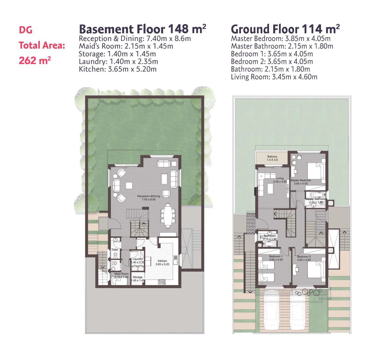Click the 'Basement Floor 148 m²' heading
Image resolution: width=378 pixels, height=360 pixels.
tap(143, 29)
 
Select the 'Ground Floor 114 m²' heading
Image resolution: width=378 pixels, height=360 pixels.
tap(285, 29)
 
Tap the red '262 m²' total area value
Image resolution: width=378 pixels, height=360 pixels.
tap(35, 60)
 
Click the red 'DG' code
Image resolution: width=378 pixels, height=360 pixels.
tap(25, 30)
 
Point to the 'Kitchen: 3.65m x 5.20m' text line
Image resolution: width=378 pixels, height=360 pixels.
tap(118, 69)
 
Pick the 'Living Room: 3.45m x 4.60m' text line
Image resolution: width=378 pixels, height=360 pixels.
tap(274, 77)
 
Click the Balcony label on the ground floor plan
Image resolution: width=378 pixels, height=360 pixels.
tap(272, 157)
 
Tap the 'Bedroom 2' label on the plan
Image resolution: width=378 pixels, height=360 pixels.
tap(304, 257)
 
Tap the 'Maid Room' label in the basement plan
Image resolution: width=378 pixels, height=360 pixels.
tap(121, 274)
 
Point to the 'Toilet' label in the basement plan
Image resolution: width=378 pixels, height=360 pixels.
tap(115, 250)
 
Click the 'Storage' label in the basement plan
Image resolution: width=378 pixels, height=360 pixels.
tap(137, 277)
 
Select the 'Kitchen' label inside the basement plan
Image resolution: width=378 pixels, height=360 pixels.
tap(162, 261)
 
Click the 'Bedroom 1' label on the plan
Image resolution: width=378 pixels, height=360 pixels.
tap(276, 257)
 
